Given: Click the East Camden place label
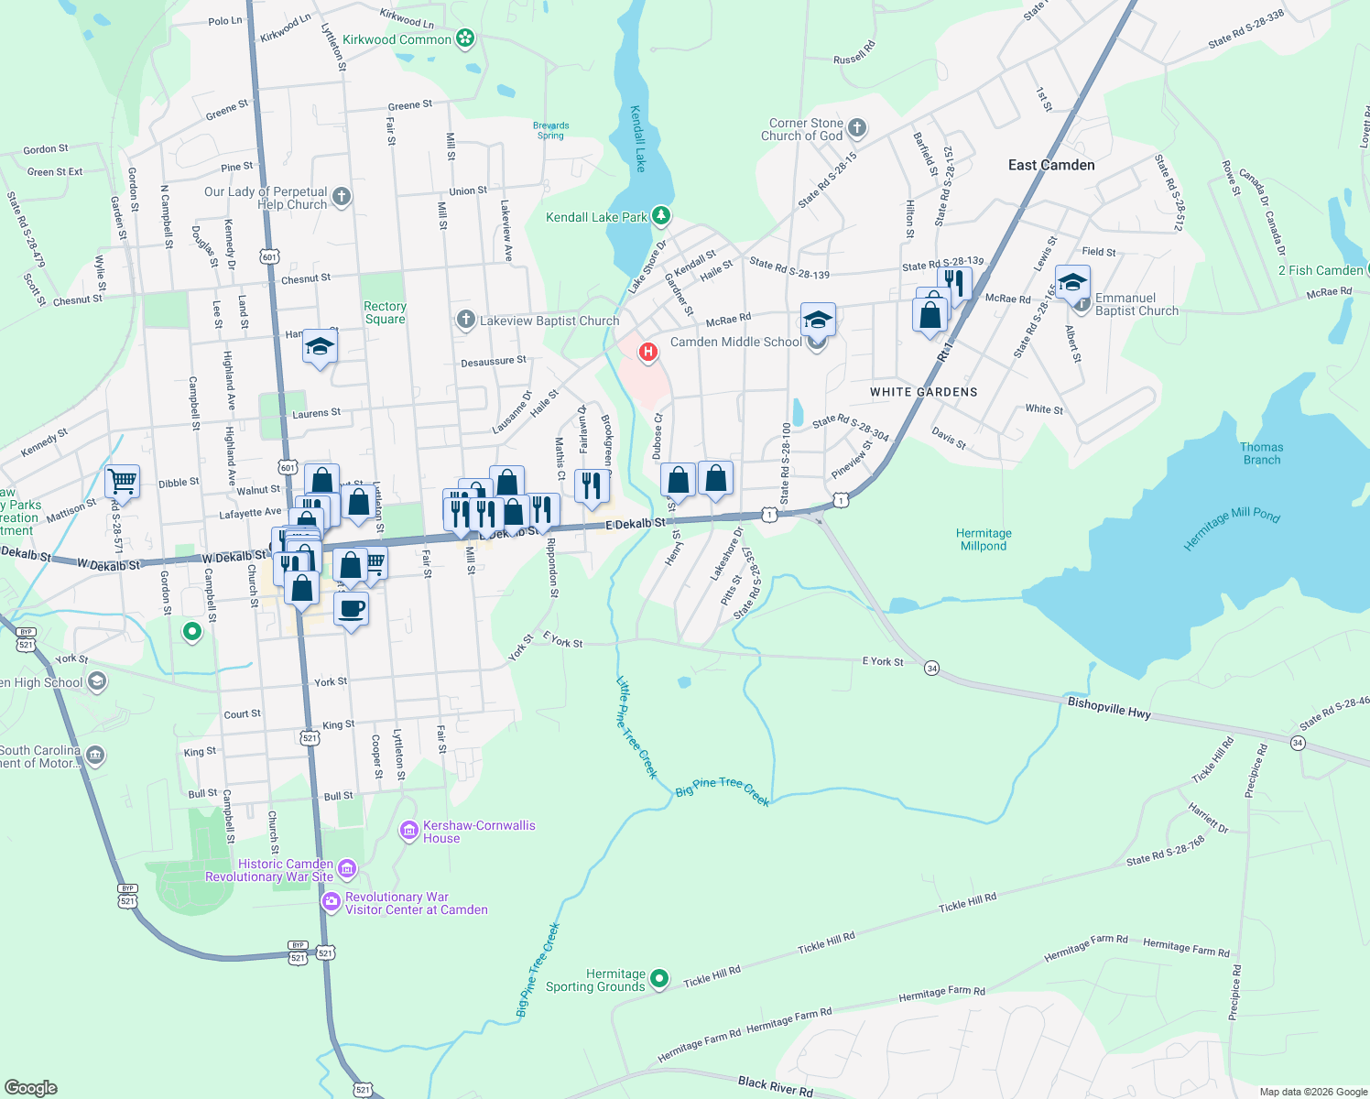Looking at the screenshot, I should tap(1051, 166).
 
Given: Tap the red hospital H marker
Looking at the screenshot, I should tap(648, 352).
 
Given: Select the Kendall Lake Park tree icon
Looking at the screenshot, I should tap(661, 217).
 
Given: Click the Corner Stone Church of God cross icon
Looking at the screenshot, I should tap(857, 128).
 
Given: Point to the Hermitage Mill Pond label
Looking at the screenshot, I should tap(1232, 528).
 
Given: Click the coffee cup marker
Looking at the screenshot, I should tap(352, 608).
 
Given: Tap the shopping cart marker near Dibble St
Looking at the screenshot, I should tap(122, 480).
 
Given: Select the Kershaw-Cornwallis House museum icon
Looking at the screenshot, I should tap(409, 831).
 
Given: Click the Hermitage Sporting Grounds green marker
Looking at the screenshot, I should tap(658, 980).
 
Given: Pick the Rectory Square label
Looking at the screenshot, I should tap(385, 313).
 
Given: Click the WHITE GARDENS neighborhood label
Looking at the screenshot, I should tap(923, 392).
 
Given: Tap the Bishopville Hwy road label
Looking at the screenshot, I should tap(1109, 708).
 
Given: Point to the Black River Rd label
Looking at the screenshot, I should tap(775, 1086).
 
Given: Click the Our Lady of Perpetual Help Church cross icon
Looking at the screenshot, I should tap(342, 196).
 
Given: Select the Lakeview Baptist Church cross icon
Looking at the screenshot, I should tap(466, 320).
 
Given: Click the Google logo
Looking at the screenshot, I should tap(30, 1087).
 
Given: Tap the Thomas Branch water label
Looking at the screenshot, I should tap(1261, 454).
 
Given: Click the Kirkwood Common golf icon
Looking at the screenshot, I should tap(466, 38).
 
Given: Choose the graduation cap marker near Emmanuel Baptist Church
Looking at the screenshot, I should tap(1072, 281).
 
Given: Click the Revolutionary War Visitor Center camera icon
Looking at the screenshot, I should tap(331, 903).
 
